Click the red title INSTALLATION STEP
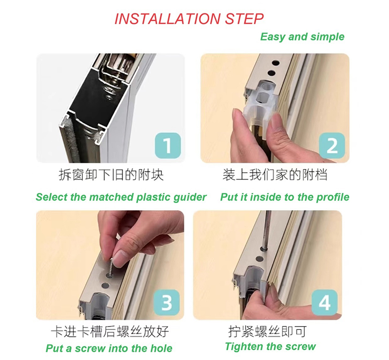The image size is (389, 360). tap(189, 19)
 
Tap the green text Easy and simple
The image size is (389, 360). tap(302, 37)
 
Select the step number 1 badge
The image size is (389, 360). tap(168, 145)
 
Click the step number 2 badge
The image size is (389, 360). tap(332, 146)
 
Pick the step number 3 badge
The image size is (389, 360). tap(167, 302)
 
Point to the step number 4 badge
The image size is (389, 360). tap(325, 302)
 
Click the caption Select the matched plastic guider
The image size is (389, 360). tap(121, 197)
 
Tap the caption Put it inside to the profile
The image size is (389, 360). tap(285, 197)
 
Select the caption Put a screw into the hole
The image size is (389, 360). tap(109, 348)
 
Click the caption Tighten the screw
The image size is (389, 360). tap(270, 346)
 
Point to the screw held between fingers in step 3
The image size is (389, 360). tap(110, 266)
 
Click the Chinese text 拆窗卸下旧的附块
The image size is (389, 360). tap(111, 174)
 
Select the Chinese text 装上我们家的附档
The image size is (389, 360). tap(275, 174)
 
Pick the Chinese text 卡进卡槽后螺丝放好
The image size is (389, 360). tap(110, 331)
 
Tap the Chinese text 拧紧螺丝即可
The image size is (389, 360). tap(267, 331)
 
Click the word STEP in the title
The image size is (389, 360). tap(244, 19)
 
